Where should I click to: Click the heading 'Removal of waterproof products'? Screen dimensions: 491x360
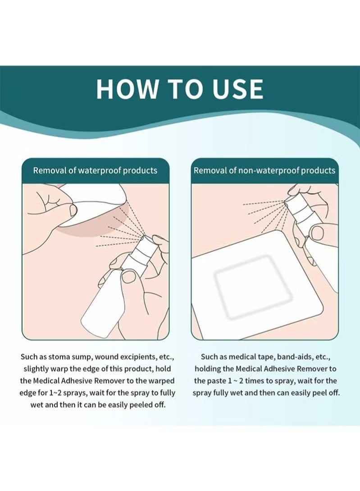coord(96,170)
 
